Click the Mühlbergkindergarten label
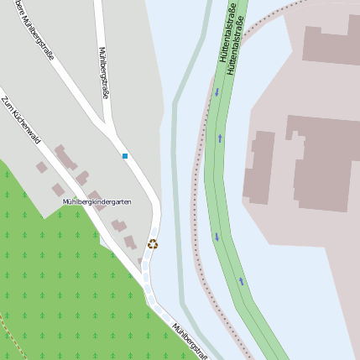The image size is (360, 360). pyautogui.click(x=97, y=202)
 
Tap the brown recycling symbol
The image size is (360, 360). pyautogui.click(x=153, y=244)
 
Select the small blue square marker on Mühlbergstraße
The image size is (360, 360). pyautogui.click(x=125, y=156)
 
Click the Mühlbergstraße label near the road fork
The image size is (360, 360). pyautogui.click(x=104, y=72)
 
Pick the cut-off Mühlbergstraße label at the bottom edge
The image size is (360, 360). pyautogui.click(x=189, y=341)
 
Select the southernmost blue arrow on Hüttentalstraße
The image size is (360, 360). pyautogui.click(x=242, y=281)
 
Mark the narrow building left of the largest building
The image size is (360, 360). pyautogui.click(x=261, y=166)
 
